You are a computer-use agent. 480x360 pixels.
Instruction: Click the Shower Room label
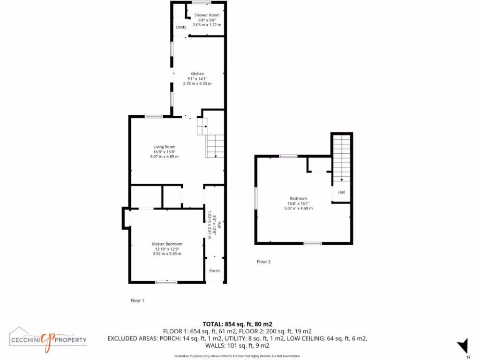[207, 15]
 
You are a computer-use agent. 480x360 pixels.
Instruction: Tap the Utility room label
[181, 27]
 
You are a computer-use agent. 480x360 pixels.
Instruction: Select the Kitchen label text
[197, 74]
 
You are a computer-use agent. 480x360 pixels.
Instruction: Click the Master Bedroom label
[167, 244]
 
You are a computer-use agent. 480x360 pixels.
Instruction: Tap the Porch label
[215, 271]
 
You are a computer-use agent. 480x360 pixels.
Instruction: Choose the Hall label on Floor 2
[342, 192]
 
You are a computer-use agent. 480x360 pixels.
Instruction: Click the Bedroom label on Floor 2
[298, 198]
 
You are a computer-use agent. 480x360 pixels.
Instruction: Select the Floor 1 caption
[137, 300]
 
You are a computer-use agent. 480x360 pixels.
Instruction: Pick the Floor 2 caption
[264, 262]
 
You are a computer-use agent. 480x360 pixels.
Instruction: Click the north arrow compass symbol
[463, 346]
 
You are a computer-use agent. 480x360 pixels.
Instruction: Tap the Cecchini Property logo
[48, 338]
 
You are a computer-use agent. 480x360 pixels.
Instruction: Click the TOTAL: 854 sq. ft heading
[237, 324]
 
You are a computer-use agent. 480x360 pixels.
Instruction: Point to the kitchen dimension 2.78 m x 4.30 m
[197, 83]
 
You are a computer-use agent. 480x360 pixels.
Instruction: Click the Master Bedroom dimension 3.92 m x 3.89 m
[167, 254]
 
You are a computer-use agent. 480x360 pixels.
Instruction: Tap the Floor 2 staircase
[342, 157]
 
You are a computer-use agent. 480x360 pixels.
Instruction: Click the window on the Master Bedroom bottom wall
[166, 282]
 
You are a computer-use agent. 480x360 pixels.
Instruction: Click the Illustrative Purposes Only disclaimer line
[237, 356]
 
